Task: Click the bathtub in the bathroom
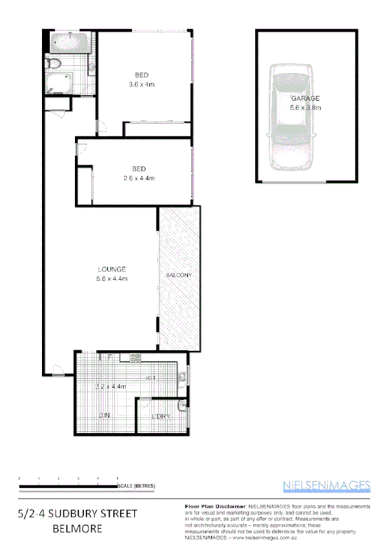(67, 43)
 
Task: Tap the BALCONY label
(179, 276)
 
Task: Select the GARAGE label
(306, 98)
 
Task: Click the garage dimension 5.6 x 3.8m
(306, 107)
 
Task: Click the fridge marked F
(110, 357)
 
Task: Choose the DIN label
(103, 416)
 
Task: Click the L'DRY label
(160, 417)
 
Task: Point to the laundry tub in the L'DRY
(183, 405)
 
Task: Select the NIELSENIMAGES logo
(327, 486)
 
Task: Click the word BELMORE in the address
(78, 529)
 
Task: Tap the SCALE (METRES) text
(136, 485)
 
